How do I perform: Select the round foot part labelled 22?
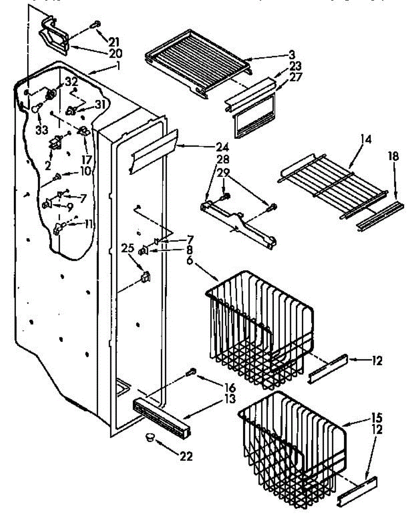click(150, 438)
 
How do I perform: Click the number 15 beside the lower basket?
click(377, 418)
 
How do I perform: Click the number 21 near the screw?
click(114, 42)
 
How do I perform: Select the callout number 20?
click(115, 54)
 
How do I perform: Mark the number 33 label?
click(42, 130)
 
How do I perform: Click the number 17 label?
click(87, 160)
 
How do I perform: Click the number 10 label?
click(85, 171)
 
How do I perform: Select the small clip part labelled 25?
click(146, 277)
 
